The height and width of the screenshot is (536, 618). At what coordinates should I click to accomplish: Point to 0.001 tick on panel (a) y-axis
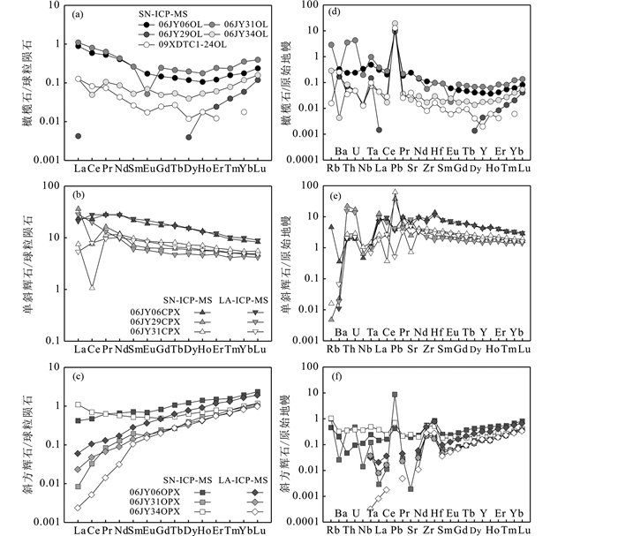tap(57, 160)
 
